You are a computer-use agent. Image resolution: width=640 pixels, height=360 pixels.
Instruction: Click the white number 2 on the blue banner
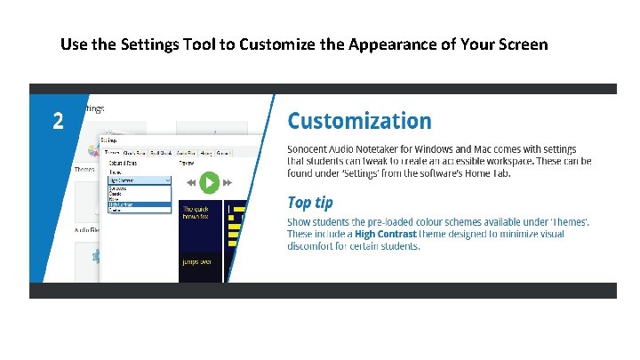(x=57, y=122)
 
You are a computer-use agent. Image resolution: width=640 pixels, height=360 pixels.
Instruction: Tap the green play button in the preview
(x=209, y=183)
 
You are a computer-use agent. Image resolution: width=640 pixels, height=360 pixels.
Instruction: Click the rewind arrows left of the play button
(x=190, y=183)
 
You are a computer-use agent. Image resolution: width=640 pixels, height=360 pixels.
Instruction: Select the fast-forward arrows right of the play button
(x=228, y=183)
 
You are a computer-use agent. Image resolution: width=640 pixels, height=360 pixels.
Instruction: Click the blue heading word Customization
(x=359, y=121)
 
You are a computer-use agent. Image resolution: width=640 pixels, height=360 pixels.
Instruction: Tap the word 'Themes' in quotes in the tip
(x=565, y=221)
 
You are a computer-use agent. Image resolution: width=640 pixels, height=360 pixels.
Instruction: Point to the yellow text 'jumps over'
(x=197, y=263)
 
